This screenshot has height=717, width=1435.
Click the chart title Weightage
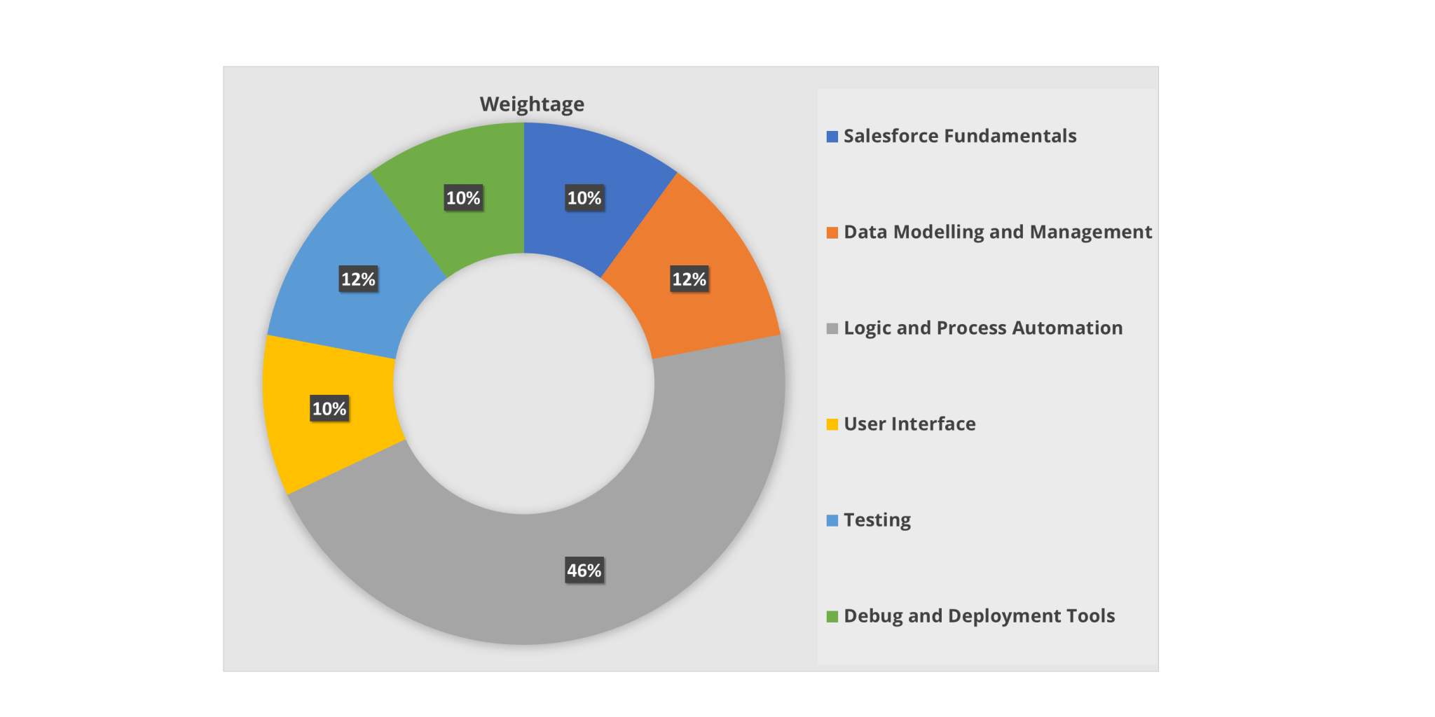point(532,104)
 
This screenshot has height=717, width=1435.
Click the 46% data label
point(584,571)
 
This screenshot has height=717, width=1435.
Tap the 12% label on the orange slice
point(689,279)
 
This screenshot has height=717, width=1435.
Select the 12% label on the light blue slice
point(358,279)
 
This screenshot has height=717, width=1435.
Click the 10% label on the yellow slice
point(329,409)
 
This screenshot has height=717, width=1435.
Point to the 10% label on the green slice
point(463,198)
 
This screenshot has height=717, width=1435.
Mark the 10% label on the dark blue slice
point(584,198)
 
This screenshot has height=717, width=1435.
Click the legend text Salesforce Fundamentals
point(960,136)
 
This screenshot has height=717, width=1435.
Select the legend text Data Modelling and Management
point(998,232)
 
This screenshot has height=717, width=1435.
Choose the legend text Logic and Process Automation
point(983,328)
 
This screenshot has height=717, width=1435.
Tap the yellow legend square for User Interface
point(832,424)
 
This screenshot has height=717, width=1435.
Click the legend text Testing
point(877,520)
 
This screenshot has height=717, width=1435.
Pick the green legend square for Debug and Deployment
point(832,616)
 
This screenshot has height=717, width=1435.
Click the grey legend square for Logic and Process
point(832,328)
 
